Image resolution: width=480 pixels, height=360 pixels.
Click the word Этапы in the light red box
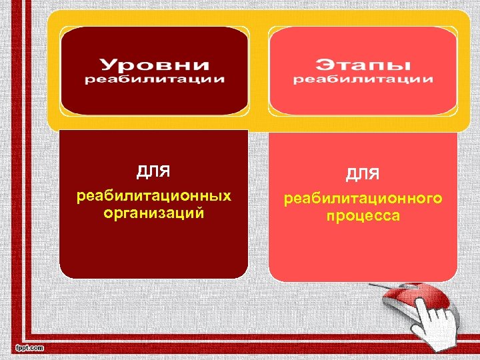(363, 65)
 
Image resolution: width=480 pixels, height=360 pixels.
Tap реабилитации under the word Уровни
(154, 79)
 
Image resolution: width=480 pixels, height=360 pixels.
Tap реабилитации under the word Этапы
(363, 79)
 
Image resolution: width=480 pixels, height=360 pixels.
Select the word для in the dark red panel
(153, 171)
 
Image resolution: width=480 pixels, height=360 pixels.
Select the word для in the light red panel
(363, 174)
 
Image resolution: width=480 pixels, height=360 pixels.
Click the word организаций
(154, 213)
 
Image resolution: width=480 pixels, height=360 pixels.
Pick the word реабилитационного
(363, 199)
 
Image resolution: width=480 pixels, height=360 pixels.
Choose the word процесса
(363, 216)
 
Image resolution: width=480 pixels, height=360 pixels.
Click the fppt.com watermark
(29, 348)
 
